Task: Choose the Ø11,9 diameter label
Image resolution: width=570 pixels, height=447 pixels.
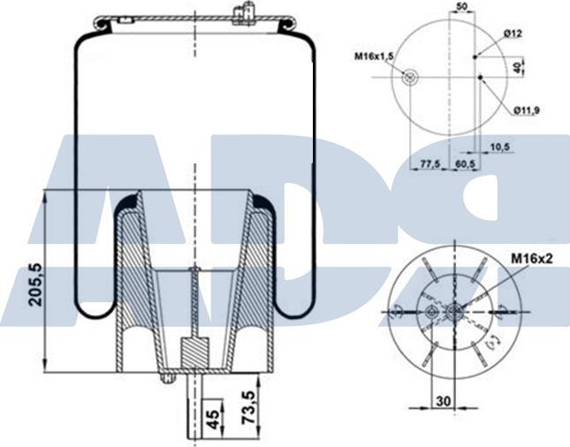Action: [x=526, y=110]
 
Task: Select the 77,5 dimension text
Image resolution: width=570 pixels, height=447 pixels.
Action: [x=430, y=164]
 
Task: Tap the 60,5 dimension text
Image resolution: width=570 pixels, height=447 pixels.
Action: [x=466, y=164]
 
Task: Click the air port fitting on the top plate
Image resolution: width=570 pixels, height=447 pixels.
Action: [x=244, y=13]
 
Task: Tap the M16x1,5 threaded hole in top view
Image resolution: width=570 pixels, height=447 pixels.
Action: [x=409, y=78]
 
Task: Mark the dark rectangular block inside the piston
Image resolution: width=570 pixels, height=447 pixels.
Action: [x=193, y=354]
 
